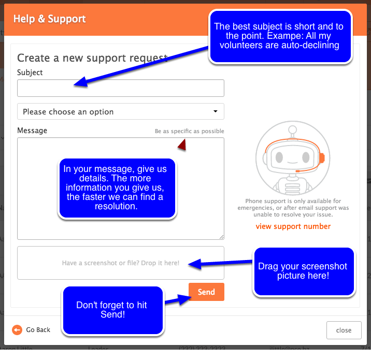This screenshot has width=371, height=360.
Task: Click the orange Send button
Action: point(206,292)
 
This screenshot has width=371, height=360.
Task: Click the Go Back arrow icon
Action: point(17,330)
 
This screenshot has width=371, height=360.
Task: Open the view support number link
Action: point(293,226)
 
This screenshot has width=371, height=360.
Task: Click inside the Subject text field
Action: point(121,88)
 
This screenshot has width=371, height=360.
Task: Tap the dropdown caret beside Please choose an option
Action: point(216,111)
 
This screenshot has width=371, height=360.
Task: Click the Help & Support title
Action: point(49,19)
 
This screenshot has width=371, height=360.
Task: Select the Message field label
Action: point(32,131)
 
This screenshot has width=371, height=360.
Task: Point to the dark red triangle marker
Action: point(182,145)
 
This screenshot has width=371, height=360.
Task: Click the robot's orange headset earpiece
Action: point(322,158)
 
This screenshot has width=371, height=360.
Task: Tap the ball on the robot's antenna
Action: point(292,129)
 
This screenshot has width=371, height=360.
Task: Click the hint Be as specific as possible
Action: point(189,131)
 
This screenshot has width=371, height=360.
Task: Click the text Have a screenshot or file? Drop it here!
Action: point(121,263)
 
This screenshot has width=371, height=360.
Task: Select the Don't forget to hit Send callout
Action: point(113,310)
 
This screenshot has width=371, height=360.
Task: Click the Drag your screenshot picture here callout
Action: point(304,271)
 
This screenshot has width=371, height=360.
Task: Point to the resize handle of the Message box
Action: point(221,237)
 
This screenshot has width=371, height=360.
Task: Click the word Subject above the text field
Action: point(30,73)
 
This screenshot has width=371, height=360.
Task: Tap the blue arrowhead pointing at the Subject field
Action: point(81,82)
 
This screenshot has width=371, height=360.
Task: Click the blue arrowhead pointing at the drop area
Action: point(195,264)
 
